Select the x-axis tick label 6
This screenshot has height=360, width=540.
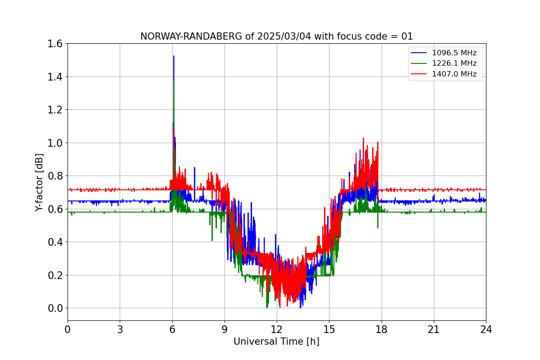click(x=172, y=329)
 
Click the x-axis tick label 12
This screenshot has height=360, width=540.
click(x=277, y=329)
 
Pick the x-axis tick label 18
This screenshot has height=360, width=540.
click(x=382, y=329)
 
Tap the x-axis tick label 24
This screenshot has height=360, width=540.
click(x=486, y=329)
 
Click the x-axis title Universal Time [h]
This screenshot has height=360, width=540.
click(x=276, y=342)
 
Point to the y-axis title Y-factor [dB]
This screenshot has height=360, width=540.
click(x=40, y=182)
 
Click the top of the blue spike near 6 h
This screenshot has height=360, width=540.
click(x=174, y=56)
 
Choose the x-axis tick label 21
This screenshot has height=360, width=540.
click(x=434, y=329)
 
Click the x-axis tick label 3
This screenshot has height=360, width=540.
click(x=120, y=329)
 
